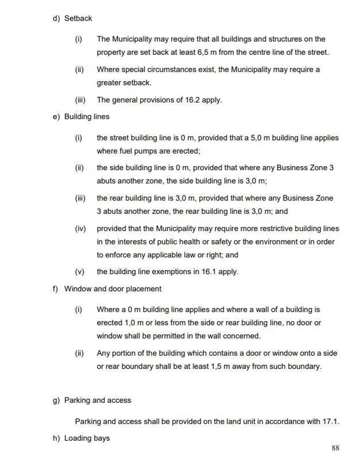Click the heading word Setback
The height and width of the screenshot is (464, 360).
coord(78,19)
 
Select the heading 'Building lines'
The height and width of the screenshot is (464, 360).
coord(87,116)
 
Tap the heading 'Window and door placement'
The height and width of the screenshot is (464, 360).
coord(113,289)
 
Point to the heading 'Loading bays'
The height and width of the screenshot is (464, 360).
coord(87,438)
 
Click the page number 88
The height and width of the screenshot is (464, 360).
coord(335,448)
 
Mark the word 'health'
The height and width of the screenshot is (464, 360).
coord(222,242)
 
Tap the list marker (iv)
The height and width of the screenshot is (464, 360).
coord(81,228)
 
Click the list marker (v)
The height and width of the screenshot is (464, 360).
coord(80,271)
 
